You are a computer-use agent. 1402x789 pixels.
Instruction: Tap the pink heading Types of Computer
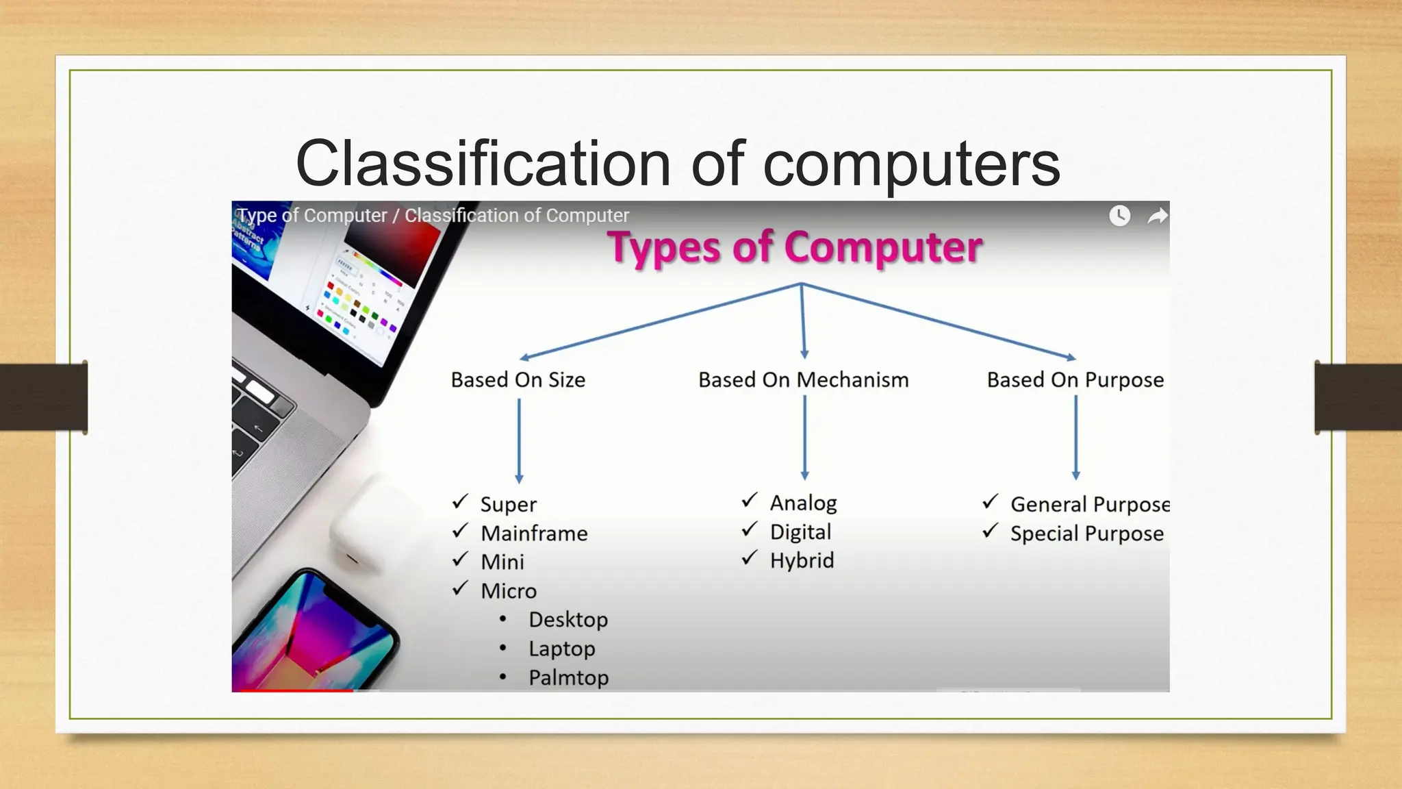(795, 247)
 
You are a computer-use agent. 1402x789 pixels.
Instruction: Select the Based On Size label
(518, 379)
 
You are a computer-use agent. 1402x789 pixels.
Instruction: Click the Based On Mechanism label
(803, 379)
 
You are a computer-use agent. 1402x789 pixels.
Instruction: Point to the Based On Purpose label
(1075, 379)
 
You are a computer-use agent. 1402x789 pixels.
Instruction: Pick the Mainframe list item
(534, 533)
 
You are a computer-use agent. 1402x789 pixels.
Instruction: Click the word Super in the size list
(508, 504)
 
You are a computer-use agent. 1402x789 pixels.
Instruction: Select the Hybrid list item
(802, 560)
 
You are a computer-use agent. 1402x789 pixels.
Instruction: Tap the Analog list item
(803, 503)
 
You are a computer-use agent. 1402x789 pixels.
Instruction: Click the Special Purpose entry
(1086, 534)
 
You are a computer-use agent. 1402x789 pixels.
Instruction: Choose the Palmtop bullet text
(568, 677)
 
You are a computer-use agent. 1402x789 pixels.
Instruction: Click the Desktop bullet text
(568, 620)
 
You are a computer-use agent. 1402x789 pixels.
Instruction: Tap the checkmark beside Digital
(750, 529)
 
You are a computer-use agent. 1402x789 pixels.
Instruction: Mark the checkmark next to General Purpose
(990, 502)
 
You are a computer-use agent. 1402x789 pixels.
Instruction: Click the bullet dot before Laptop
(503, 648)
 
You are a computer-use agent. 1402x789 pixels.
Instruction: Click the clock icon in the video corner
(1119, 216)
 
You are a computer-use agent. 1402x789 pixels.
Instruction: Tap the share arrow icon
(1157, 216)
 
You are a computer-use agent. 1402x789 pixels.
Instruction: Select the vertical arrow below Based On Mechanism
(804, 438)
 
